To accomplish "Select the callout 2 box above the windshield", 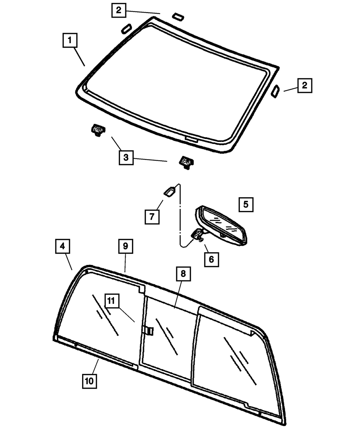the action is pos(118,10).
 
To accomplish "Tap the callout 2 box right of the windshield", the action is pos(305,86).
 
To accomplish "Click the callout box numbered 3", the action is pos(126,157).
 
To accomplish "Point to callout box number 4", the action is pos(62,247).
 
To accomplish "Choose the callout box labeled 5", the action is pos(246,204).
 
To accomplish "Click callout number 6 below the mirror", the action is pos(211,259).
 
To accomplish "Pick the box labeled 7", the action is pos(152,216).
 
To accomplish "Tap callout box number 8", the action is pos(183,274).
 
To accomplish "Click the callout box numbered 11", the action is pos(112,301).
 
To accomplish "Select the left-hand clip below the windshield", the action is pos(97,130).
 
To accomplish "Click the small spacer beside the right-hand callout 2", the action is pos(275,91).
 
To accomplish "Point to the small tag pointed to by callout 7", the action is pos(170,192).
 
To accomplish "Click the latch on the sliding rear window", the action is pos(148,330).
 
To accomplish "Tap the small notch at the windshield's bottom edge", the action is pos(191,139).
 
